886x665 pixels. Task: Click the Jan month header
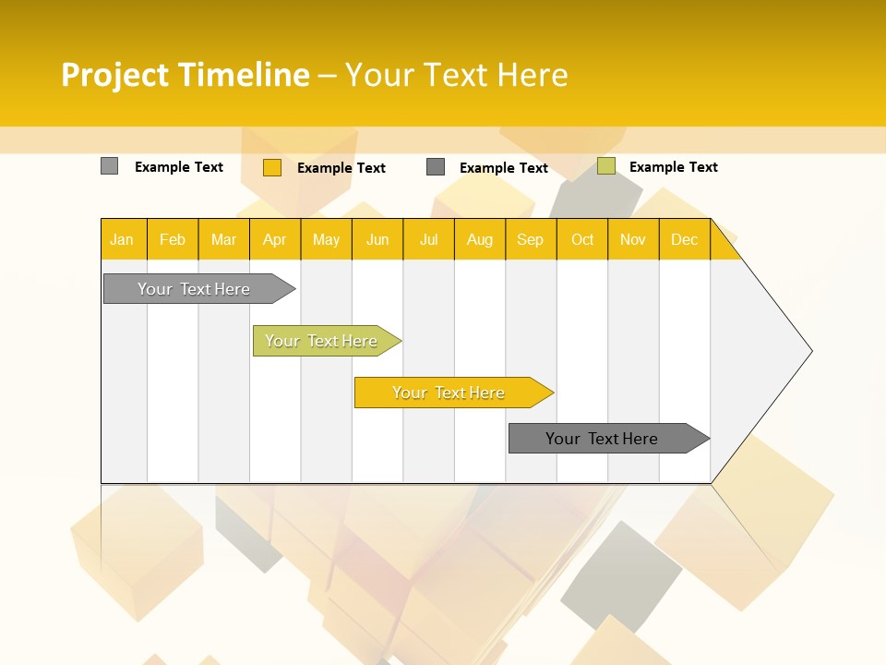click(122, 239)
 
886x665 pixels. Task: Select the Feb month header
click(173, 239)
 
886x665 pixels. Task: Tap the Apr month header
click(275, 239)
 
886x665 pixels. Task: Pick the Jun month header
click(377, 239)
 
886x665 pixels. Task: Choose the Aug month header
click(480, 239)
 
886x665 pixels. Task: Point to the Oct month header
click(582, 239)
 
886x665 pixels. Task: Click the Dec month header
click(685, 239)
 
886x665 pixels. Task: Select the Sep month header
click(531, 239)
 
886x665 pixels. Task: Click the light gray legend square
click(110, 166)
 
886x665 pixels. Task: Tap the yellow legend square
click(272, 167)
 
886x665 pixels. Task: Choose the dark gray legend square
click(436, 167)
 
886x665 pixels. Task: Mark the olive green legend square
click(606, 166)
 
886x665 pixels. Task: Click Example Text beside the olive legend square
click(673, 167)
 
